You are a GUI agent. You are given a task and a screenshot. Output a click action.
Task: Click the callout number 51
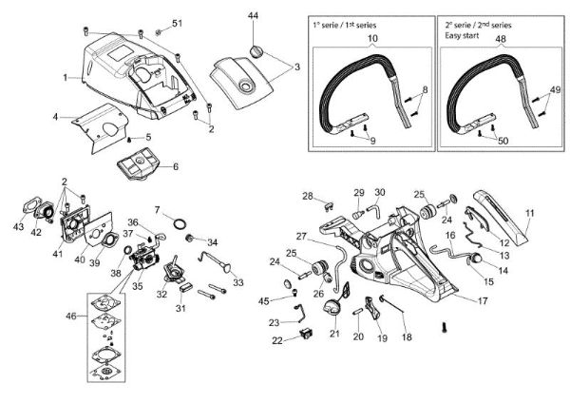tap(177, 23)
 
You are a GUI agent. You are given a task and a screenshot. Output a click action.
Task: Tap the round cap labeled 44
tap(256, 51)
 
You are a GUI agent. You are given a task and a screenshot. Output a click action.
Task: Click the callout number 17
tap(483, 300)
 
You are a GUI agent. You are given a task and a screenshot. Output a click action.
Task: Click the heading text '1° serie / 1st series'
tap(344, 25)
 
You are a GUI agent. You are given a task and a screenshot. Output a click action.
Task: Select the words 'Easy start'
tap(462, 36)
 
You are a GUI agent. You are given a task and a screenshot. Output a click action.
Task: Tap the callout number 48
tap(501, 39)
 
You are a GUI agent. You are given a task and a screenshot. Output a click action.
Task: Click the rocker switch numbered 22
tap(306, 334)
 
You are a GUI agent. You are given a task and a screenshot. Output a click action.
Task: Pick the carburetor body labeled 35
tap(144, 257)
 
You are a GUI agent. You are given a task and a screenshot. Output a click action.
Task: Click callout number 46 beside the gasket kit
tap(71, 317)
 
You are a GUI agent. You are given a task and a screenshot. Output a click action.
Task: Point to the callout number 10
tap(372, 38)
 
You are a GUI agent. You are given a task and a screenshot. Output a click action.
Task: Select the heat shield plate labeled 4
tap(101, 127)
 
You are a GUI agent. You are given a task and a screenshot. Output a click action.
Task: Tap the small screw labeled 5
tap(129, 140)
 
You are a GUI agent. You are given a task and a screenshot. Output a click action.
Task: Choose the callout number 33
tap(238, 282)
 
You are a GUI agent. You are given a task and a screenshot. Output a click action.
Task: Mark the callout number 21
tap(334, 334)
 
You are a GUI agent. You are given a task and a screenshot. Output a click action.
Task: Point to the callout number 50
tap(503, 141)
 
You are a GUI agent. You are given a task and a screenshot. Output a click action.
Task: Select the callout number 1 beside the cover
tap(66, 78)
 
